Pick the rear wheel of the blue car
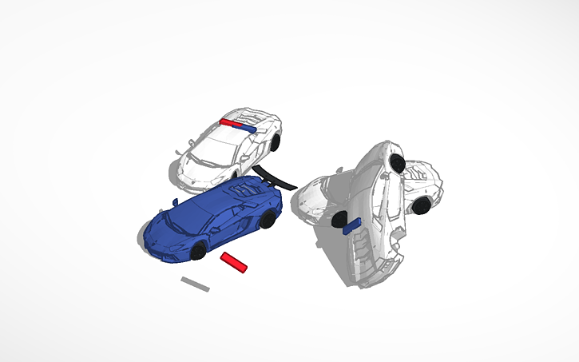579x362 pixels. [x=268, y=219]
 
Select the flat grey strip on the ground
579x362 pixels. [x=195, y=284]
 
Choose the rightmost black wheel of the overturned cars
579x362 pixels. [x=421, y=205]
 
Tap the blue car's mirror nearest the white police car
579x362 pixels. [x=176, y=201]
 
